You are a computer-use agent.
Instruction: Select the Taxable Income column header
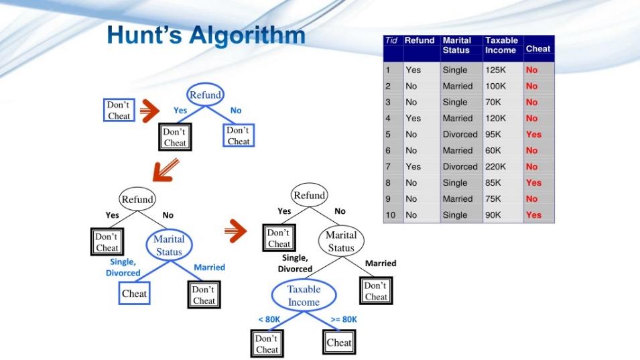pos(501,46)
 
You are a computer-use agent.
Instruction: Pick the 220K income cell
pos(495,166)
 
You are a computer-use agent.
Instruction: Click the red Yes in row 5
pos(533,134)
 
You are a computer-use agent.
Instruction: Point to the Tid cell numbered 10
pos(390,215)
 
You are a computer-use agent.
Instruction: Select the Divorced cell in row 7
pos(460,166)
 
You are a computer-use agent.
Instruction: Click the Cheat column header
pos(538,49)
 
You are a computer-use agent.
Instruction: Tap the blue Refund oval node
pos(205,95)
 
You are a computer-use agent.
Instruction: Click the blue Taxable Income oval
pos(304,296)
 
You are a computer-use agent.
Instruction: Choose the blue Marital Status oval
pos(169,245)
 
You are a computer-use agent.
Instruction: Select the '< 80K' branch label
pos(269,319)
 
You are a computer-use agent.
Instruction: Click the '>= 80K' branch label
pos(344,319)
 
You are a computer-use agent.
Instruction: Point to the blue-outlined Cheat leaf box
pos(134,294)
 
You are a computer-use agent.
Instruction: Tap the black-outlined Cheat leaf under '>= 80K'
pos(338,343)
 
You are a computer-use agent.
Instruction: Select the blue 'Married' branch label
pos(209,267)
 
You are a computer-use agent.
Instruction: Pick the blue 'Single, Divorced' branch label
pos(123,267)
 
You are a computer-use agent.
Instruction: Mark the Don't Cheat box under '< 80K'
pos(266,344)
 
